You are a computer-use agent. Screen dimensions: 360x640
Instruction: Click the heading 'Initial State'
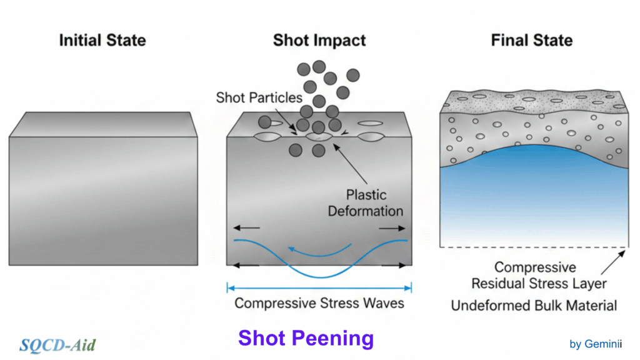[x=102, y=41]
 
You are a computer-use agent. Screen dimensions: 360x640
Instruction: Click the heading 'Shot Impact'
[x=319, y=41]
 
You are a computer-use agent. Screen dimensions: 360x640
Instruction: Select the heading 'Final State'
[x=532, y=41]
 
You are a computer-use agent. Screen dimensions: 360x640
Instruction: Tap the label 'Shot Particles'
[x=259, y=97]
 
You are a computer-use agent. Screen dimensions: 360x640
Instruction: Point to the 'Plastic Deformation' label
[x=366, y=202]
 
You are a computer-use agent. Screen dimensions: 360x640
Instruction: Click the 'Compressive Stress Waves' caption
[x=319, y=304]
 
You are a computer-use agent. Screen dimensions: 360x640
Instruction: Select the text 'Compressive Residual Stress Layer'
[x=539, y=276]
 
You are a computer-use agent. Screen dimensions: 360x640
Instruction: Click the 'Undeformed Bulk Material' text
[x=534, y=306]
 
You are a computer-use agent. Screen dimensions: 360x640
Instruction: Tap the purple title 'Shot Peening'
[x=306, y=338]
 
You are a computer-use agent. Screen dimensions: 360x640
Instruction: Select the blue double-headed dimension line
[x=319, y=288]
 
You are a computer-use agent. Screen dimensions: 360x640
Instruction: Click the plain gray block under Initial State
[x=103, y=194]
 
